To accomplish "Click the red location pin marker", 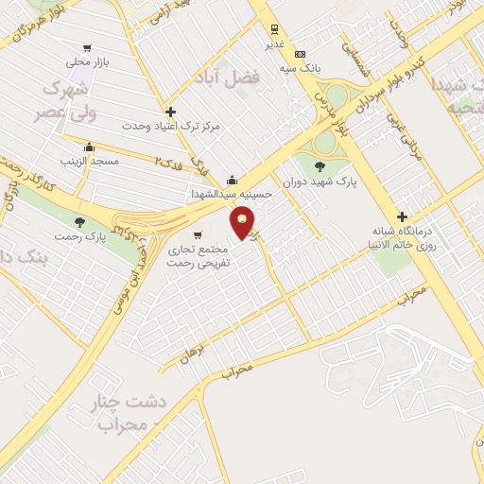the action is click(244, 224).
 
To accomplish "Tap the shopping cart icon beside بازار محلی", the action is click(87, 47).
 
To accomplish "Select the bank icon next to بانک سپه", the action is click(300, 54).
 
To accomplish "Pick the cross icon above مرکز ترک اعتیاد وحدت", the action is click(170, 112).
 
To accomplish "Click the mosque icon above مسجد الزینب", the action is click(89, 147).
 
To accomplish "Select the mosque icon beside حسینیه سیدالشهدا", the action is click(233, 181).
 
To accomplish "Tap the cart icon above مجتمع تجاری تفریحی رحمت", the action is click(197, 235).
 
